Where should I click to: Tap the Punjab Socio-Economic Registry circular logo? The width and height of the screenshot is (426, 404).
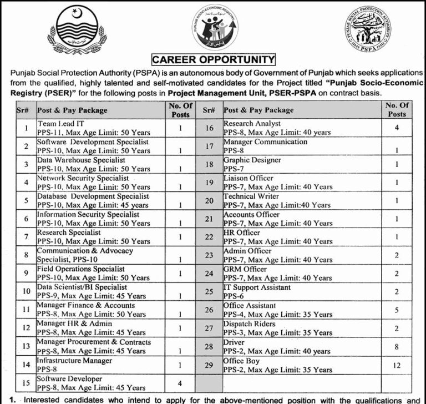pos(214,28)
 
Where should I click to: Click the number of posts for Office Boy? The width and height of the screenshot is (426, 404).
pos(395,365)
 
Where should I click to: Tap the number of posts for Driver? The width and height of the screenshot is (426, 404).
pos(395,347)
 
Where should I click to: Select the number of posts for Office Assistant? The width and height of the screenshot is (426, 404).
pos(395,310)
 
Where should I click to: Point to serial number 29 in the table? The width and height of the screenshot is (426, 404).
pos(209,365)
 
